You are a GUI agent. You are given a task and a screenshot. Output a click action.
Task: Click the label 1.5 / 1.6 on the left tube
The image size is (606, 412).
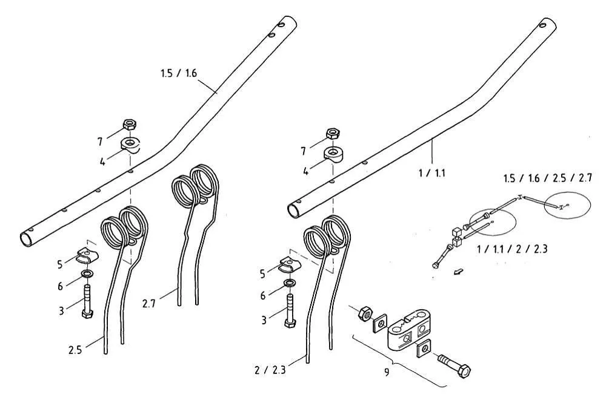pos(179,74)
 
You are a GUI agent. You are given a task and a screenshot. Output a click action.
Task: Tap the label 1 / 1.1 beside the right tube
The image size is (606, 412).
pos(433,173)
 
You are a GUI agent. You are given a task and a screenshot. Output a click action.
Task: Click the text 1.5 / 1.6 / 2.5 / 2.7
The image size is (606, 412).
pos(547,178)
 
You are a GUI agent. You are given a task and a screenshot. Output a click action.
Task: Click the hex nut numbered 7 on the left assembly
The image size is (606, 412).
pos(129,125)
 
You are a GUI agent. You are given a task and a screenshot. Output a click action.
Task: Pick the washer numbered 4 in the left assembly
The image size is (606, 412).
pos(130,145)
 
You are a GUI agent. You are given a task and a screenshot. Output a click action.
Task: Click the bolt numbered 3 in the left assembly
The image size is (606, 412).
pos(86,302)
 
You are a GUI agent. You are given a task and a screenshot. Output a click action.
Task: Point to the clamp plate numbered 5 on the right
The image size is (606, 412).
pos(290,264)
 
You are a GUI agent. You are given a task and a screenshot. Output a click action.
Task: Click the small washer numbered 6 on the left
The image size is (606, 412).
pos(87,278)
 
